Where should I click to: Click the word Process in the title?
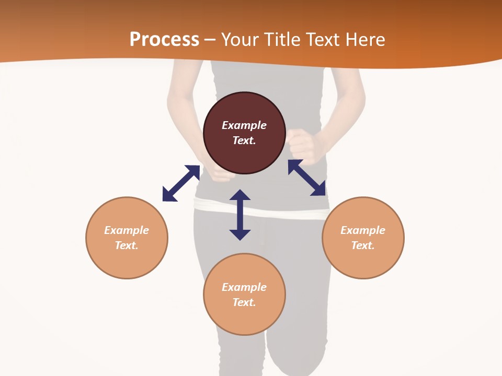point(164,40)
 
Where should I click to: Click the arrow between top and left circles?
point(181,183)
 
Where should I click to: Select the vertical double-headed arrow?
point(240,215)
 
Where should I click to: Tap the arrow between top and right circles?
point(307,178)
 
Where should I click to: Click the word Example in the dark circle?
point(244,125)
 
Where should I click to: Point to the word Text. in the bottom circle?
point(244,302)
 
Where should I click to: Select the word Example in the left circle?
point(127,230)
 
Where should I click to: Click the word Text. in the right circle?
point(363,245)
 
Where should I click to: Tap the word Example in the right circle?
point(363,230)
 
